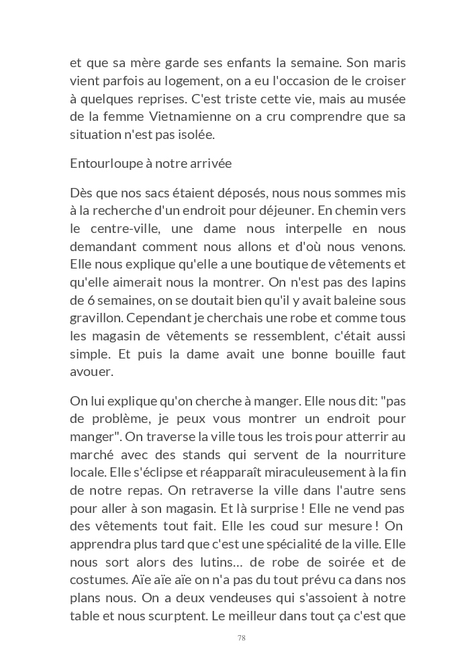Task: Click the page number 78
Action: click(x=242, y=638)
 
